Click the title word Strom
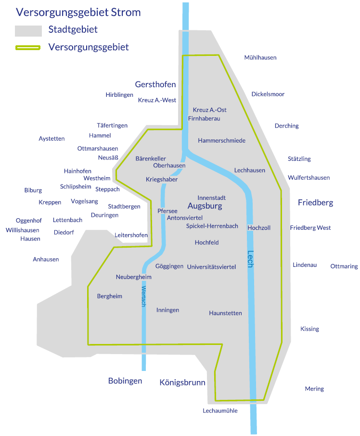pyautogui.click(x=127, y=12)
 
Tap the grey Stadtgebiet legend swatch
pyautogui.click(x=28, y=31)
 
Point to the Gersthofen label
pyautogui.click(x=155, y=84)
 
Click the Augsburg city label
pyautogui.click(x=205, y=206)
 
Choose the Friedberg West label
pyautogui.click(x=310, y=228)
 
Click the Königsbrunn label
pyautogui.click(x=182, y=383)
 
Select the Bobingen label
pyautogui.click(x=125, y=381)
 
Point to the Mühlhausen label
pyautogui.click(x=260, y=58)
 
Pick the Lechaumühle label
pyautogui.click(x=220, y=411)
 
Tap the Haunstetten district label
pyautogui.click(x=225, y=313)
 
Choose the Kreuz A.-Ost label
pyautogui.click(x=209, y=110)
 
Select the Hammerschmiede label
pyautogui.click(x=221, y=141)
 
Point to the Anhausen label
pyautogui.click(x=46, y=259)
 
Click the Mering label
pyautogui.click(x=314, y=389)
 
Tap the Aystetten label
pyautogui.click(x=51, y=139)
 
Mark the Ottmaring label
pyautogui.click(x=344, y=266)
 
